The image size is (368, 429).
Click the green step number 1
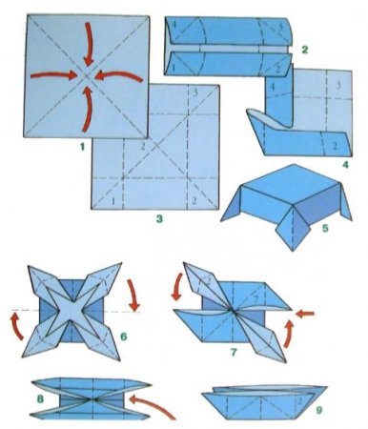pyautogui.click(x=83, y=149)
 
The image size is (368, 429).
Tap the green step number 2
pyautogui.click(x=302, y=48)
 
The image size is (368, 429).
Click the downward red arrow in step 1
pyautogui.click(x=89, y=38)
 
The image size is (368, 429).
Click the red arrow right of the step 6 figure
pyautogui.click(x=136, y=290)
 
